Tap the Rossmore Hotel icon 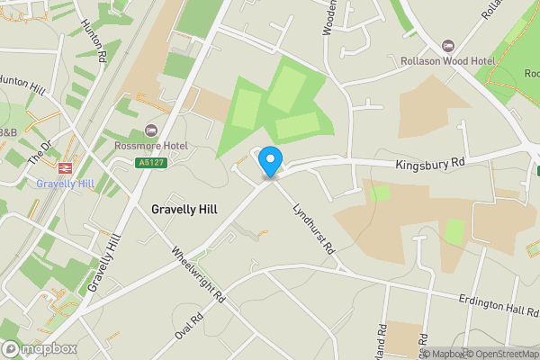pyautogui.click(x=151, y=130)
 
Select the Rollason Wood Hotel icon pyautogui.click(x=448, y=47)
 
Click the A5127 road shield pyautogui.click(x=150, y=163)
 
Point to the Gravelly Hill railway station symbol pyautogui.click(x=65, y=168)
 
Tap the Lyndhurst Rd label pyautogui.click(x=313, y=227)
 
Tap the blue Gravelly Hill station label pyautogui.click(x=65, y=184)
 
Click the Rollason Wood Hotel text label pyautogui.click(x=447, y=61)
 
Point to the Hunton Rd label pyautogui.click(x=94, y=40)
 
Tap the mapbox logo pyautogui.click(x=40, y=349)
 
